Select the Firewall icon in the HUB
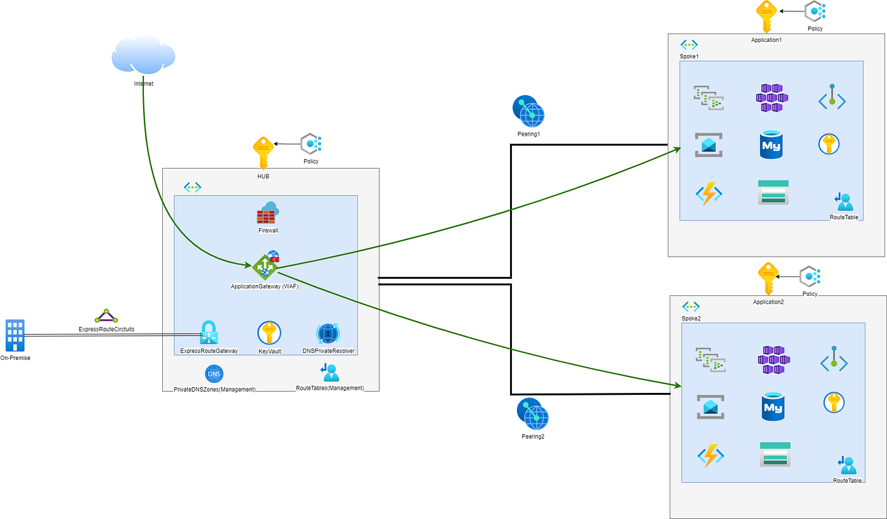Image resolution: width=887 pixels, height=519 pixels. coord(267,213)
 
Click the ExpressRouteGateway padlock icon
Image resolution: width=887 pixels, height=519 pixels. coord(209,333)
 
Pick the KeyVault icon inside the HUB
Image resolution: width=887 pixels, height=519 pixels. coord(269,333)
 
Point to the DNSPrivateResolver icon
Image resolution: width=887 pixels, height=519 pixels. coord(328,333)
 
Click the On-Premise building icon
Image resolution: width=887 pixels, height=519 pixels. coord(15,335)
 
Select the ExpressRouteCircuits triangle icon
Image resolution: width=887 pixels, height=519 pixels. coord(106,316)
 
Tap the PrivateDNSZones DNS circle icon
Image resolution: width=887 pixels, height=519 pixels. coord(214,374)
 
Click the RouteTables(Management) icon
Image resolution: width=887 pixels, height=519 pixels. coord(330,373)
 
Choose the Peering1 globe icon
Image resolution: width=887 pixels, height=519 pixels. coord(528,112)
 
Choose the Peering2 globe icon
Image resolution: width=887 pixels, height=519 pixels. coord(532,414)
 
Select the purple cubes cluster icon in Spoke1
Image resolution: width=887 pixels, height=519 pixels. coord(772,98)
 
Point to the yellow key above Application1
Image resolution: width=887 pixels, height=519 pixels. coord(765,16)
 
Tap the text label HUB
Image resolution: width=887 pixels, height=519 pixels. coord(263,176)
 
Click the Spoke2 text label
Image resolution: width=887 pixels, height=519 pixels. coord(691,318)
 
